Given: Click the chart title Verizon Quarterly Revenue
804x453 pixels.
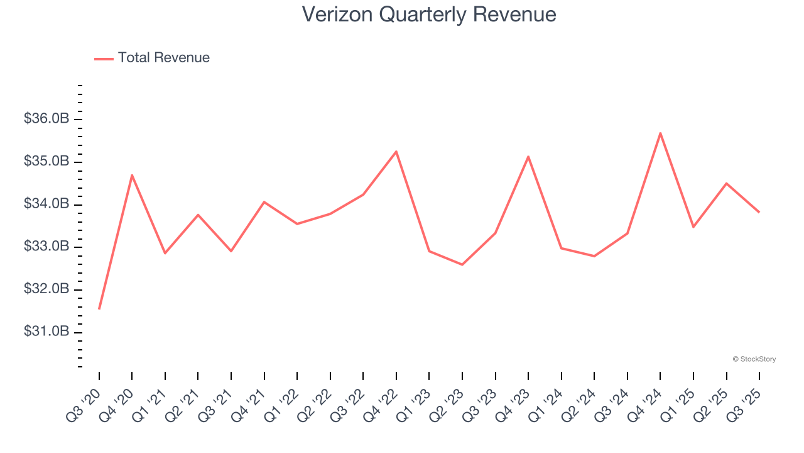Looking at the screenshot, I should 429,14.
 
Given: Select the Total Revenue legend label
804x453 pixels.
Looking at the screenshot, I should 163,58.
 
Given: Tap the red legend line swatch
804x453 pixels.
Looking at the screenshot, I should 104,59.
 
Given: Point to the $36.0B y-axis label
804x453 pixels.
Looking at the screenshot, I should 46,119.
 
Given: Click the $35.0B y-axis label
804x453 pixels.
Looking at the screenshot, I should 46,162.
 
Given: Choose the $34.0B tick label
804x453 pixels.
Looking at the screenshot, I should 46,204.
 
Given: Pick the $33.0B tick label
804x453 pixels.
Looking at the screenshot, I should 46,247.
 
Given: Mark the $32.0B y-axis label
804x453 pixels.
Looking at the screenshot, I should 46,289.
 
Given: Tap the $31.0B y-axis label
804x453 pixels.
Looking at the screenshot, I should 46,332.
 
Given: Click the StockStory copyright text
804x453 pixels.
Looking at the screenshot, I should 754,359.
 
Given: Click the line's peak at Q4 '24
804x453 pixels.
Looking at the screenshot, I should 660,133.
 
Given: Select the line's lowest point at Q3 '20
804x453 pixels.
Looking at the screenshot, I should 99,309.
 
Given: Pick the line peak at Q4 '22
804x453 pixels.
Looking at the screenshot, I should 396,152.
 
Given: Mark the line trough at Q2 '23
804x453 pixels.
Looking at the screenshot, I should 462,264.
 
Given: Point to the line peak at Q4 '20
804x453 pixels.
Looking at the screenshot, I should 132,175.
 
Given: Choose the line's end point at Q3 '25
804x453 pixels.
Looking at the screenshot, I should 759,212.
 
